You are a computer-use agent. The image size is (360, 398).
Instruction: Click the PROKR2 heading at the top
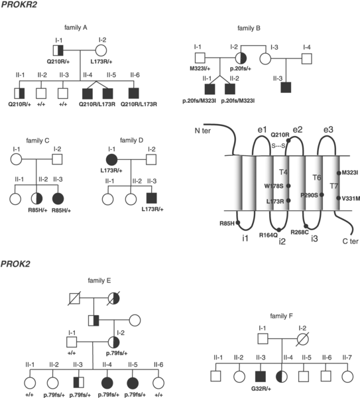pos(19,5)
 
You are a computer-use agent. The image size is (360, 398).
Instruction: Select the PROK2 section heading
pos(15,264)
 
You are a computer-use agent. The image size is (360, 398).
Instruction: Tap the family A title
pos(76,27)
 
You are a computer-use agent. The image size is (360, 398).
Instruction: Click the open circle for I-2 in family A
pos(101,50)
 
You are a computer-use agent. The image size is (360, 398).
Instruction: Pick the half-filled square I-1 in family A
pos(58,50)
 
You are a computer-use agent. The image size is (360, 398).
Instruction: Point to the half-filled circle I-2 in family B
pos(241,58)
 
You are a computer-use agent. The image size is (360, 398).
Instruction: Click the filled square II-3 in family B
pos(286,88)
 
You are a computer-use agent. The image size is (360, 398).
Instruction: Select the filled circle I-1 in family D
pos(112,159)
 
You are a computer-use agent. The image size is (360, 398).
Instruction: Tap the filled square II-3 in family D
pos(152,198)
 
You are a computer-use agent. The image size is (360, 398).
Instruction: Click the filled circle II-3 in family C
pos(58,198)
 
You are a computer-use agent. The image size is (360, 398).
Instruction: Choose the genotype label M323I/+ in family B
pos(200,68)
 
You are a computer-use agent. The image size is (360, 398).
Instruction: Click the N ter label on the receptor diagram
pos(202,131)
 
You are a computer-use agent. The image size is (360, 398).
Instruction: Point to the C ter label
pos(350,241)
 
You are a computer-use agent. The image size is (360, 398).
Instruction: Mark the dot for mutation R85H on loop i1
pos(238,223)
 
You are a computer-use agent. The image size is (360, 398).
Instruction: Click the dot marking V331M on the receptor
pos(338,198)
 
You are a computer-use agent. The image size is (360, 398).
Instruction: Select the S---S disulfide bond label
pos(278,146)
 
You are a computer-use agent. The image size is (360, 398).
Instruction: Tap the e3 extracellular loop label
pos(328,129)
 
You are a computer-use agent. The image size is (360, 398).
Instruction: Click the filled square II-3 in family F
pos(261,376)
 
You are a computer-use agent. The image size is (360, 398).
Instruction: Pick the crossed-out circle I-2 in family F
pos(303,339)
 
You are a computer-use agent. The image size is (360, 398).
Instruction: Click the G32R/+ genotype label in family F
pos(261,389)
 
